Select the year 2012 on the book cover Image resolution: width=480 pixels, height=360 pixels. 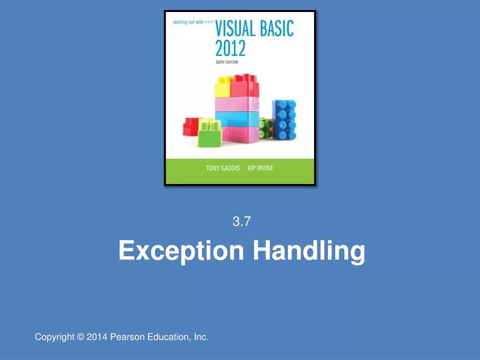click(x=230, y=48)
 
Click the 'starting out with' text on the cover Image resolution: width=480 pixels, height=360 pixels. click(x=192, y=21)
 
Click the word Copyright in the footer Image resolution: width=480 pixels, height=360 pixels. click(x=55, y=338)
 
